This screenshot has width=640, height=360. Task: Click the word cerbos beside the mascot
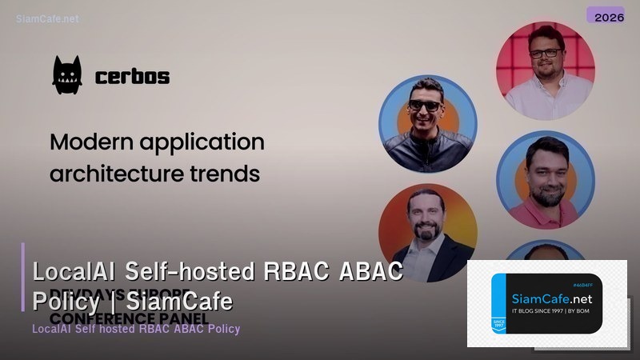[132, 77]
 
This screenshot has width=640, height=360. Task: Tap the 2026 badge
[605, 15]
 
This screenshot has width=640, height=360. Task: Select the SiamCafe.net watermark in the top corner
[47, 18]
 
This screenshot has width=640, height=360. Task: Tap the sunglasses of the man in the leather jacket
[424, 106]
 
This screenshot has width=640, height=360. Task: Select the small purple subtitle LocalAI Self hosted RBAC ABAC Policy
[136, 329]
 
